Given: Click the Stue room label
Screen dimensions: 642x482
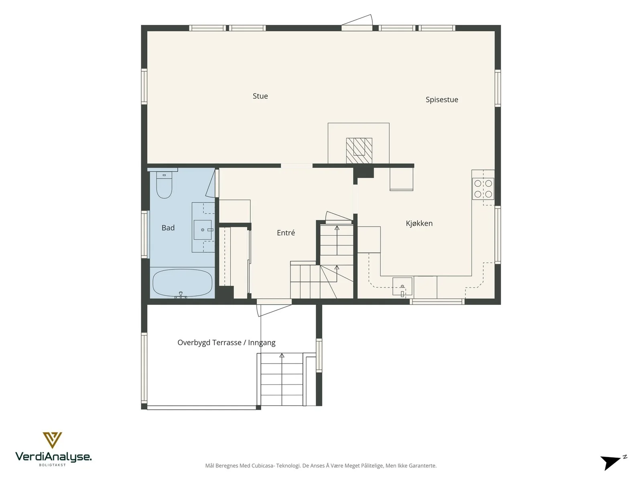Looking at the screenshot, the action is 260,96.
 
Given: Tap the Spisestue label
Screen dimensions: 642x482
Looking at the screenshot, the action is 442,100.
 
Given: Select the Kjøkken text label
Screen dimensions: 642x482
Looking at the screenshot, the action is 419,223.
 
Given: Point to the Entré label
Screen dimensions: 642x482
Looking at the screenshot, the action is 286,233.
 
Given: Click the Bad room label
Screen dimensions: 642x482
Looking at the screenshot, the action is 168,228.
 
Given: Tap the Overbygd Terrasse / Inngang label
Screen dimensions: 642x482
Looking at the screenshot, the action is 226,342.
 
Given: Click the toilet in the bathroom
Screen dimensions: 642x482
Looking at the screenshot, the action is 164,185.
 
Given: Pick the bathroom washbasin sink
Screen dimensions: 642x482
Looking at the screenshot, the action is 203,230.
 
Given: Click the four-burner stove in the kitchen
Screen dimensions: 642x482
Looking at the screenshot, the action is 483,189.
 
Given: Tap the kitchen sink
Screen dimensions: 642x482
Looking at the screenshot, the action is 402,286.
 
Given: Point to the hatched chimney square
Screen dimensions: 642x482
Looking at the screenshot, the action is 359,150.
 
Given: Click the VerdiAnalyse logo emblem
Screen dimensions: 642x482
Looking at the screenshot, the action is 52,440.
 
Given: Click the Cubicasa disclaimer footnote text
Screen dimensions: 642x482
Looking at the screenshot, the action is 321,465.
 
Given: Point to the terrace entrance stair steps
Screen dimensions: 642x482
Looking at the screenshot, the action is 282,380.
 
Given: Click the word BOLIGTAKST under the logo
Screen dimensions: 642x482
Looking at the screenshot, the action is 52,465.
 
